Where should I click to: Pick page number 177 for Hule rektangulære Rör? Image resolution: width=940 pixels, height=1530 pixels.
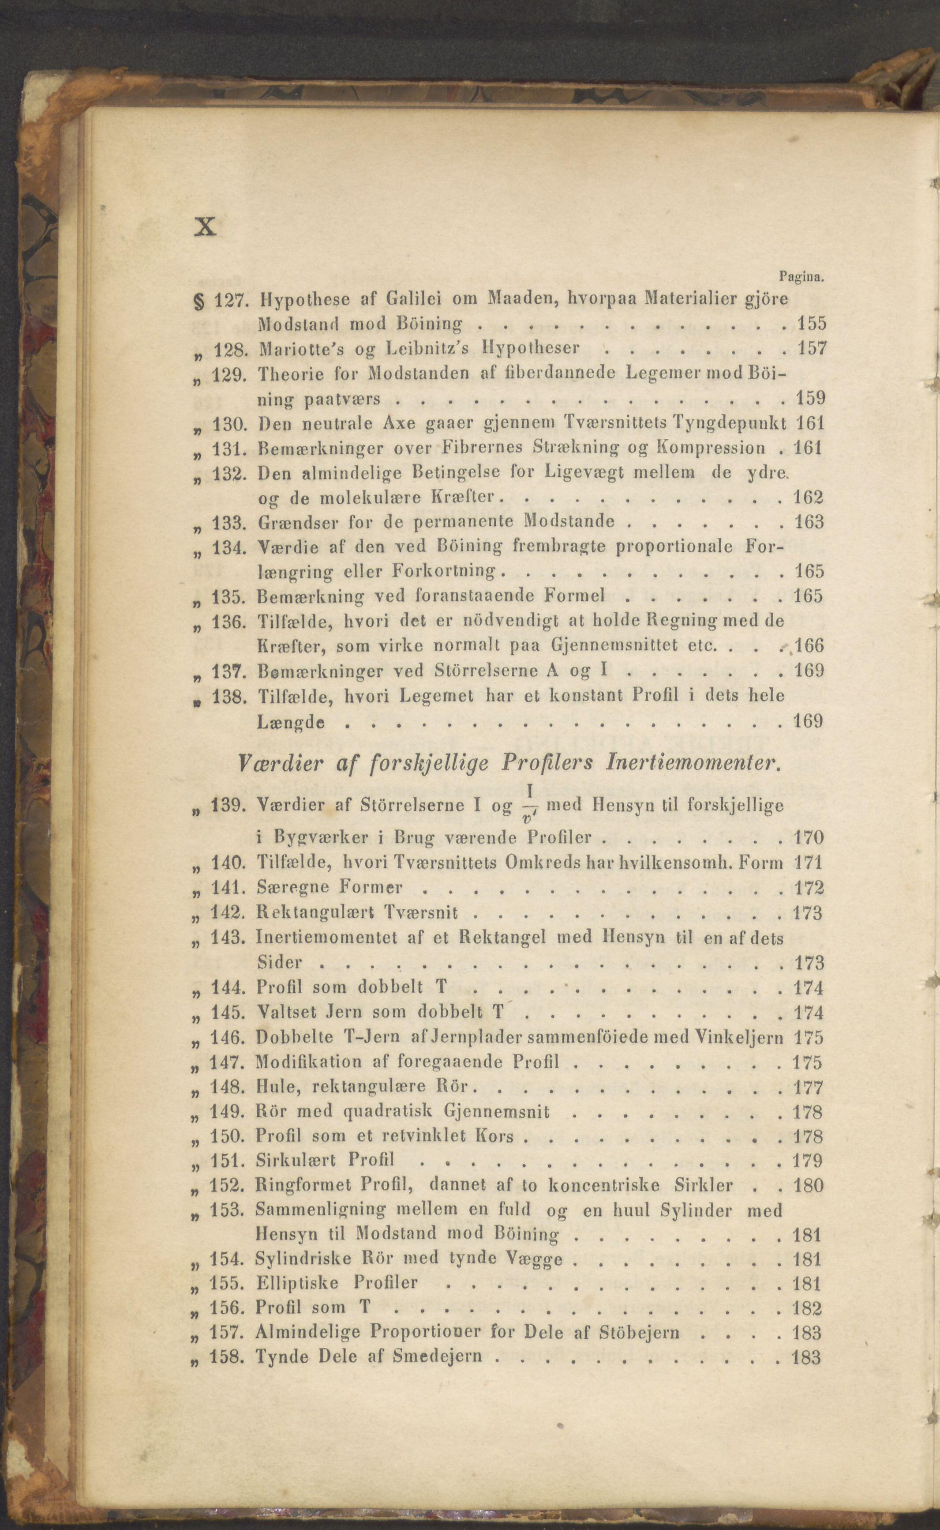pyautogui.click(x=808, y=1087)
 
